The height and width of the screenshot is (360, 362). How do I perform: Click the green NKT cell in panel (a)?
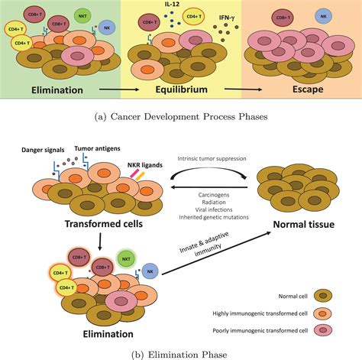pos(82,16)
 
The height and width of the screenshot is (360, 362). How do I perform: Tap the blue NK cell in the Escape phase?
pos(323,16)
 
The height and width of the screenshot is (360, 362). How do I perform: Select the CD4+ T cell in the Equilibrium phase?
pos(194,17)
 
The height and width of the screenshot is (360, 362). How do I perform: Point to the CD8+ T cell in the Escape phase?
pos(283,18)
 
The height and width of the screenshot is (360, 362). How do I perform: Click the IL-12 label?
pos(173,5)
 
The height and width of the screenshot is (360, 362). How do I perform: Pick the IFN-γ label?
pos(227,18)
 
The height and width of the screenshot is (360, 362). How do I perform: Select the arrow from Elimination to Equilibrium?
pos(119,89)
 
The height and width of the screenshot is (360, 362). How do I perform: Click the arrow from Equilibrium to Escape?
pos(243,89)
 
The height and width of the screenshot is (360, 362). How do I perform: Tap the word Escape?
pos(308,89)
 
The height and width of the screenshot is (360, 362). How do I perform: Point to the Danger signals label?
pos(43,150)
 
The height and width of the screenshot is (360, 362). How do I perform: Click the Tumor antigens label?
pos(97,148)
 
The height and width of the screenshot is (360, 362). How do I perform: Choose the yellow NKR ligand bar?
pos(141,176)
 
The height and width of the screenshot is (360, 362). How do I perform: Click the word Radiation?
pos(214,203)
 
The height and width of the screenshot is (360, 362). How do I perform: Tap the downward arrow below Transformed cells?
pos(100,242)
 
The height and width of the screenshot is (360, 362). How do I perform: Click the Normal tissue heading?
pos(304,225)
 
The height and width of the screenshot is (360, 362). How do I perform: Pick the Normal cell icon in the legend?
pos(323,296)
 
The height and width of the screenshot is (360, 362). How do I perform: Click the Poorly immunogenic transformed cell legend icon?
pos(323,330)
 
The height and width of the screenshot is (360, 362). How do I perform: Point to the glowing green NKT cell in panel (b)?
pos(126,259)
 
